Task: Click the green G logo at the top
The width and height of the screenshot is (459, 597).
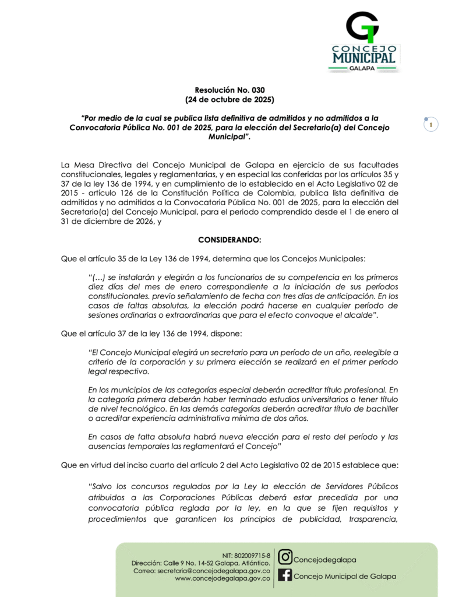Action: click(362, 27)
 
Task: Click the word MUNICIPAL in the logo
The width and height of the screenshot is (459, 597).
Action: click(364, 58)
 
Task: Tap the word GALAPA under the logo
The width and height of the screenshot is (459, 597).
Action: click(363, 68)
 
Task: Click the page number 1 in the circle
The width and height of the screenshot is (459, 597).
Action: click(430, 125)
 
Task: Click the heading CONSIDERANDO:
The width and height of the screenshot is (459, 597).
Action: click(230, 240)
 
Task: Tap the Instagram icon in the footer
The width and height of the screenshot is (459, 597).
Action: click(285, 557)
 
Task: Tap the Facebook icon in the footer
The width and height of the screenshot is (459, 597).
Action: click(285, 575)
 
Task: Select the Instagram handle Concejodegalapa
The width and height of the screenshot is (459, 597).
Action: click(324, 560)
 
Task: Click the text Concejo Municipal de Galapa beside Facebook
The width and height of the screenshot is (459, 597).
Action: click(345, 576)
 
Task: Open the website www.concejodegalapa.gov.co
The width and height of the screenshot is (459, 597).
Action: click(222, 578)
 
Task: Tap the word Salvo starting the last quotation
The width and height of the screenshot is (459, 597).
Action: click(101, 486)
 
